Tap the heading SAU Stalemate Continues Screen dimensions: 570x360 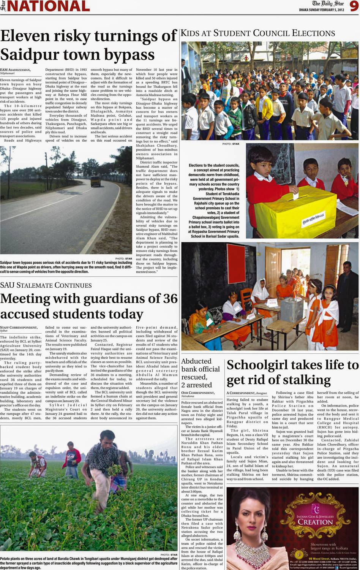(x=46, y=285)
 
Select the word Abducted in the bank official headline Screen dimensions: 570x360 (x=196, y=361)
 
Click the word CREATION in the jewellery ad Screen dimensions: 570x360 (x=315, y=522)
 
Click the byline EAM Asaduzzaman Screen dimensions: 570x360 (x=15, y=70)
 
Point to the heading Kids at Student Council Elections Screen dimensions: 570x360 (x=258, y=33)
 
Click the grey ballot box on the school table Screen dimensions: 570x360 (x=292, y=309)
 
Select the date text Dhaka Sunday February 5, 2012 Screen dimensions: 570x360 (x=321, y=9)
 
